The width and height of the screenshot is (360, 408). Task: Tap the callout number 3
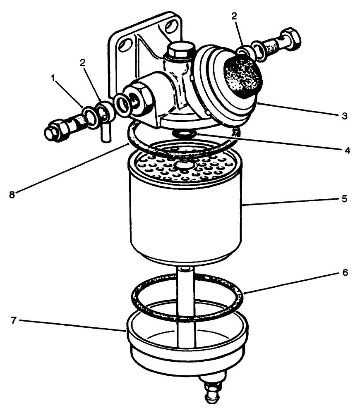[x=344, y=116]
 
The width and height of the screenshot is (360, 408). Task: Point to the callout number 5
[x=344, y=198]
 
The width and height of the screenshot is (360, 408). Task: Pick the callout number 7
[x=13, y=320]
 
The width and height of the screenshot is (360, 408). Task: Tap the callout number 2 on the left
[x=82, y=63]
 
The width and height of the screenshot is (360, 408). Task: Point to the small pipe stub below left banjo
[x=105, y=134]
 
